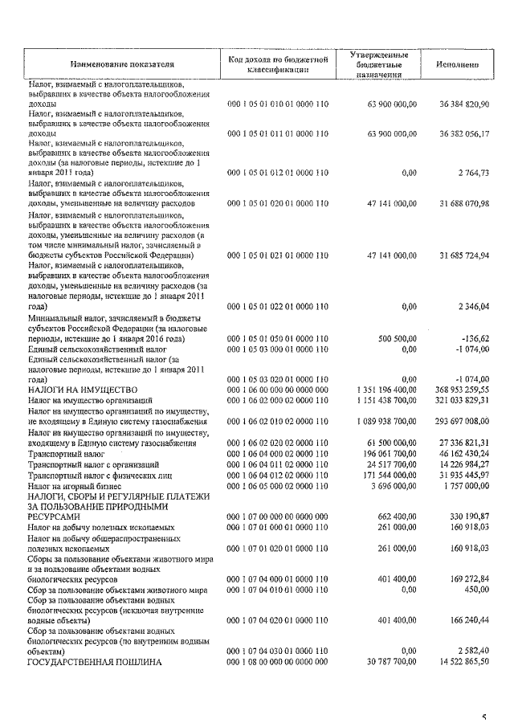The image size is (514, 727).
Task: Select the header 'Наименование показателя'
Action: [122, 64]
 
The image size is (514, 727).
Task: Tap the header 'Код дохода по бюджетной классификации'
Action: [279, 64]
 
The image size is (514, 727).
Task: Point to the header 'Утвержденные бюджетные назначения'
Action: [380, 64]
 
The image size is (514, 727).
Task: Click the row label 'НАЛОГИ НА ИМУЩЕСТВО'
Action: [76, 390]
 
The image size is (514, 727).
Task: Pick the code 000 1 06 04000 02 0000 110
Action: [279, 454]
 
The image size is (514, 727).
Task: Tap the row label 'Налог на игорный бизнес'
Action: [74, 486]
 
